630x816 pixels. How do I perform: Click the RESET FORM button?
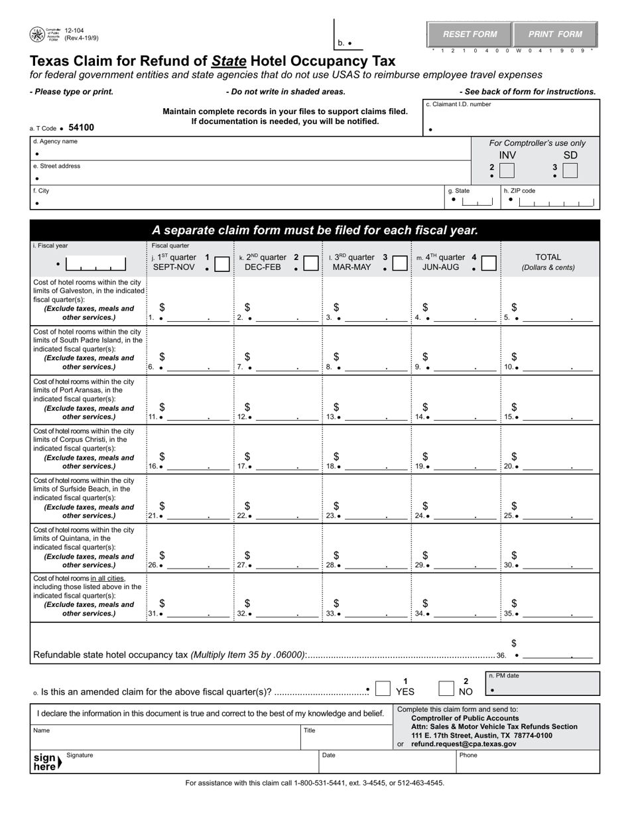coord(470,34)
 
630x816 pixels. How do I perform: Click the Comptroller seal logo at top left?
coord(37,34)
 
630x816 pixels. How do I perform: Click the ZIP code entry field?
coord(554,202)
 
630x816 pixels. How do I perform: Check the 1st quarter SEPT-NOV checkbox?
coord(223,264)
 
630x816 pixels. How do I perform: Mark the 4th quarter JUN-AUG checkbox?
coord(489,264)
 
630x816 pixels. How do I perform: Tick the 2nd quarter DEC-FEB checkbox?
coord(310,264)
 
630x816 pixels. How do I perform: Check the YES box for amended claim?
coord(383,689)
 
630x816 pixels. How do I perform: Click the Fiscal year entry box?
coord(97,265)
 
